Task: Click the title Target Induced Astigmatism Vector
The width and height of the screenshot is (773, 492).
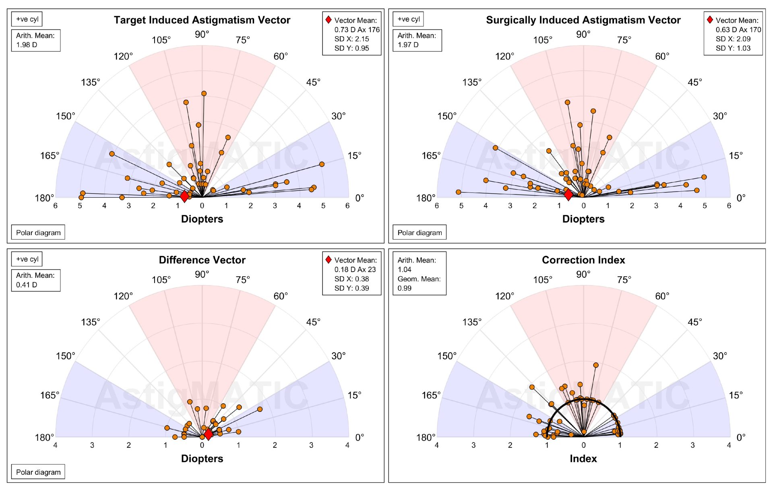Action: [x=202, y=20]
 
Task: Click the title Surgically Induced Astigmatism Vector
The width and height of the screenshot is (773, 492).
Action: [x=583, y=20]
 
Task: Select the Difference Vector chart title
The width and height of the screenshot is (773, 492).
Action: [x=202, y=260]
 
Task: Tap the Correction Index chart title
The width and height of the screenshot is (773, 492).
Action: [x=583, y=260]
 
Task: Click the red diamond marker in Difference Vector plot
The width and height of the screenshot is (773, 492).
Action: [x=208, y=434]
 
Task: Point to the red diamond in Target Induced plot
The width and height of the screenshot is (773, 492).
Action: [x=184, y=196]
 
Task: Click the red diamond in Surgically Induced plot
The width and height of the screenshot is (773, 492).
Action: [x=568, y=195]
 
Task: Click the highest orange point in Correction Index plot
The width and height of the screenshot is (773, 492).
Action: [x=596, y=365]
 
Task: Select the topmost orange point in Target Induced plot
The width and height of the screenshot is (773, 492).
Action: [x=204, y=93]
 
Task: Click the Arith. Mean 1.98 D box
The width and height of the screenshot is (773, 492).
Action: [x=35, y=40]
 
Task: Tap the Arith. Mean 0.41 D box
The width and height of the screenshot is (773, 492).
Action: [x=35, y=280]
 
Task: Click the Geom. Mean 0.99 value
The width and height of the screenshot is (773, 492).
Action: [x=404, y=288]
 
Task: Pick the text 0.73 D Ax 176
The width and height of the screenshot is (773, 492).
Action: [x=357, y=29]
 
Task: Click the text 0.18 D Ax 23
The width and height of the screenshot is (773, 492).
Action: [x=355, y=269]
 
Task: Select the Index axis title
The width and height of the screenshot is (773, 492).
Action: [x=583, y=459]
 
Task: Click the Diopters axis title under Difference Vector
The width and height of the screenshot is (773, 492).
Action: [x=202, y=459]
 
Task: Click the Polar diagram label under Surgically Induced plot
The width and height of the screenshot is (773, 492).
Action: [x=420, y=232]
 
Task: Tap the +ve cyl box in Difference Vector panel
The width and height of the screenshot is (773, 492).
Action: [x=27, y=259]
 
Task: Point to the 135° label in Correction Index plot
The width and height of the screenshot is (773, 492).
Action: [x=471, y=322]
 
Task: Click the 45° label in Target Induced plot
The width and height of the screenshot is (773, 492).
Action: [x=313, y=82]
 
